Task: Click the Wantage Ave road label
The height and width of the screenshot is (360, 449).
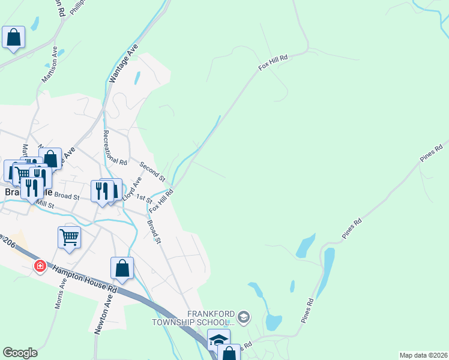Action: [123, 62]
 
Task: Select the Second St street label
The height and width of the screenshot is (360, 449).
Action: [152, 172]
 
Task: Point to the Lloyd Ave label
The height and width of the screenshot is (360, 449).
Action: [132, 188]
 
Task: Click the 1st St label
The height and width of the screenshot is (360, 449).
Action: [144, 199]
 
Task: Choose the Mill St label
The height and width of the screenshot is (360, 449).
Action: [45, 205]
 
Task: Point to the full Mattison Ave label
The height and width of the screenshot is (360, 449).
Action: [49, 66]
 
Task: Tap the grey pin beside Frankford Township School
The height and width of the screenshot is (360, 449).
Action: [243, 316]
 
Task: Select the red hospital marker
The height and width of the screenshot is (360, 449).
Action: [40, 265]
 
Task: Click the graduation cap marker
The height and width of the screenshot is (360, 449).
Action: [218, 340]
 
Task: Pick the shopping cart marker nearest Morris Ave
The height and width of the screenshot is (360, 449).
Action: [70, 237]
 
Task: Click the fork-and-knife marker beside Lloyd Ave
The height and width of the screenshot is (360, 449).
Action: [102, 191]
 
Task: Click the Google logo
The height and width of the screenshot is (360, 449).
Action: [20, 353]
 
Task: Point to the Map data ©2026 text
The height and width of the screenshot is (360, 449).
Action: [423, 355]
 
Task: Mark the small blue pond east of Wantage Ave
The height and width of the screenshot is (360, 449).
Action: [137, 78]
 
